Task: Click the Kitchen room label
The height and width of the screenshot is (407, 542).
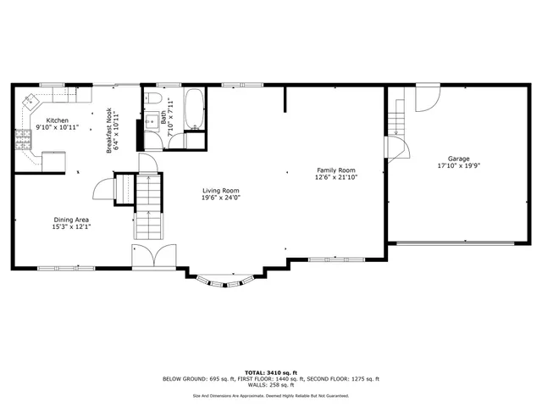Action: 58,120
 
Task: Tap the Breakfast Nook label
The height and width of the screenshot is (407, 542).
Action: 110,130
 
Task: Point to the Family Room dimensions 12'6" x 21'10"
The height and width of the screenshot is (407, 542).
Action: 335,177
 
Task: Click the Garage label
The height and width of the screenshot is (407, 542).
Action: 459,159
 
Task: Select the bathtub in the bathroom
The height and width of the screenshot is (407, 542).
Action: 195,109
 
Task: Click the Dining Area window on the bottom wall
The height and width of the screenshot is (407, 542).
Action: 61,268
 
